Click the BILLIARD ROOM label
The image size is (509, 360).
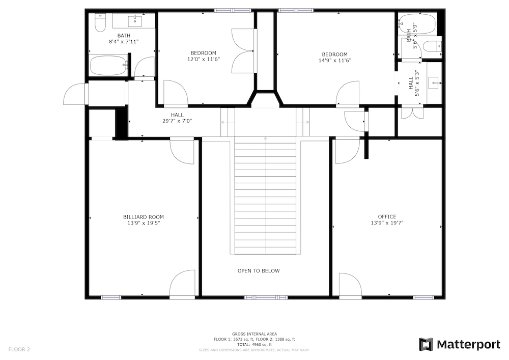(x=144, y=217)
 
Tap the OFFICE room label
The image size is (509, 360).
(x=387, y=217)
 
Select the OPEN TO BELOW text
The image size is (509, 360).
(x=259, y=271)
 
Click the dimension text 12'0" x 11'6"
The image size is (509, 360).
(x=204, y=59)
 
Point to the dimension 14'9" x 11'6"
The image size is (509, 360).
(x=335, y=60)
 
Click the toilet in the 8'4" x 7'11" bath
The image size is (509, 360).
(x=100, y=23)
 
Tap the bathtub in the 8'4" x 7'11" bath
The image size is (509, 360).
(x=108, y=65)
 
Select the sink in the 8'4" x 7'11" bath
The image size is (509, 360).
(x=135, y=21)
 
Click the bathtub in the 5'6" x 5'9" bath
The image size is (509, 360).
(x=418, y=24)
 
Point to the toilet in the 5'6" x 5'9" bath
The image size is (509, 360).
(x=432, y=46)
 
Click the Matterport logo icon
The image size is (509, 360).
(x=426, y=344)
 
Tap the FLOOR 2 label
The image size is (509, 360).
(x=19, y=350)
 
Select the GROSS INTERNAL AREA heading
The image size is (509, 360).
(x=254, y=334)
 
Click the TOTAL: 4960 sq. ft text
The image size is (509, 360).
(x=254, y=345)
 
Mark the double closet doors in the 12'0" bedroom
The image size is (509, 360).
(x=243, y=50)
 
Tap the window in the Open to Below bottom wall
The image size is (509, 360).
(x=266, y=297)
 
